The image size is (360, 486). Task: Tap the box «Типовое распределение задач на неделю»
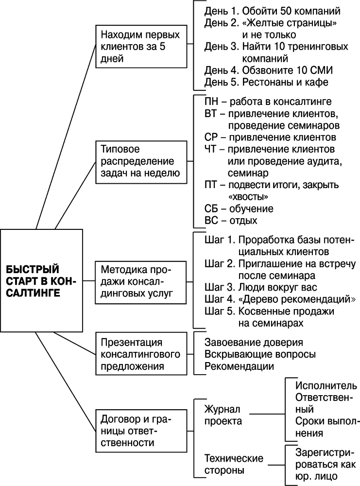[x=140, y=161]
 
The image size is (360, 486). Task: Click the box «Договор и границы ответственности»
[x=140, y=430]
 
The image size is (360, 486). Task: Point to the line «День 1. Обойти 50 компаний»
[x=272, y=11]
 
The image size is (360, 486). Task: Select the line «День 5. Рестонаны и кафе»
[x=266, y=82]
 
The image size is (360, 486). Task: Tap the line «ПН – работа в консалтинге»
[x=268, y=102]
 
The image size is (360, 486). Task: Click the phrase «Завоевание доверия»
[x=254, y=342]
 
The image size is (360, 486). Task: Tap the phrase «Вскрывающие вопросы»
[x=260, y=354]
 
